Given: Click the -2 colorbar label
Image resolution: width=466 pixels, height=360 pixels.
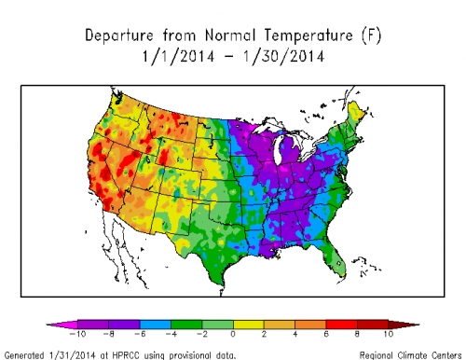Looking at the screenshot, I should click(201, 333).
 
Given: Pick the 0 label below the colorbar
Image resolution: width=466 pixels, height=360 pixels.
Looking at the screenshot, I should click(233, 333).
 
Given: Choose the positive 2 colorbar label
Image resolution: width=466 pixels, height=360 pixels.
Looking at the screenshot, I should click(265, 333).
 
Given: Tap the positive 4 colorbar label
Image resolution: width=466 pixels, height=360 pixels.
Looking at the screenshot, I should click(296, 333).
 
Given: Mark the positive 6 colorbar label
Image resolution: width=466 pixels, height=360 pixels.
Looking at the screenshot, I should click(327, 333).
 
